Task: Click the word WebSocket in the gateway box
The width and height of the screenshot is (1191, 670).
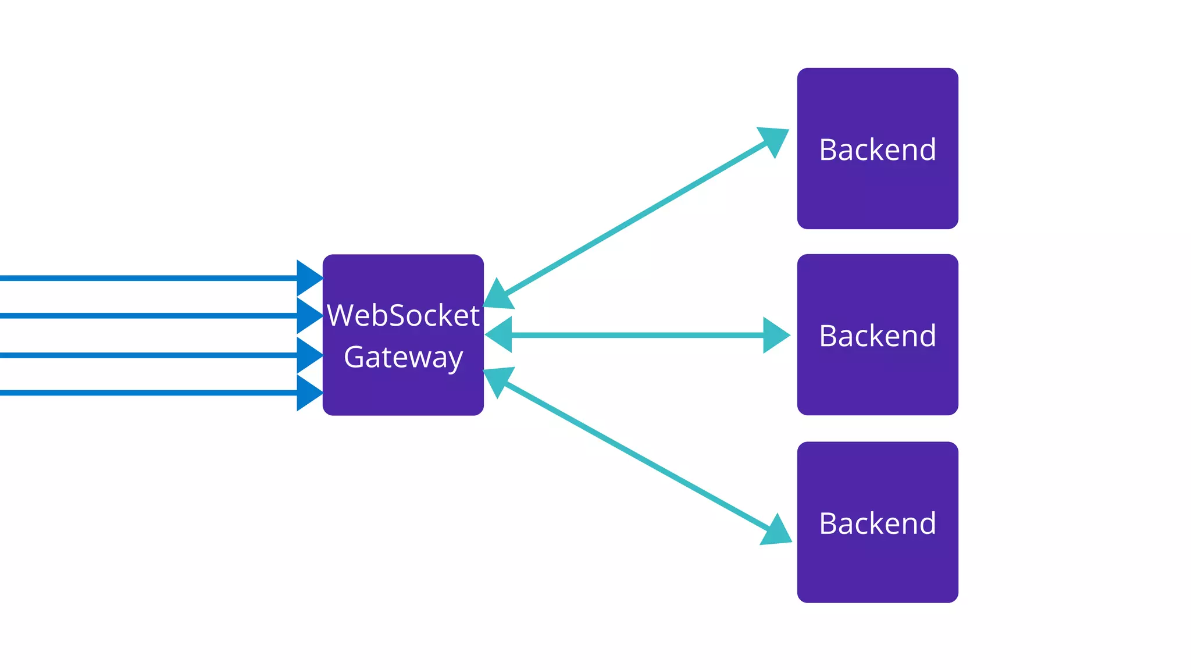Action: click(x=403, y=316)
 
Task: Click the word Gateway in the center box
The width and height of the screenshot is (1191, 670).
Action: click(x=403, y=357)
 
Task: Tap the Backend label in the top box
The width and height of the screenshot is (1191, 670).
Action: click(x=877, y=150)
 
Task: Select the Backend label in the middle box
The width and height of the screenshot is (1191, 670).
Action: click(x=877, y=336)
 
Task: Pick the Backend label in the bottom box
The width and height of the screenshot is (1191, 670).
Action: click(x=877, y=523)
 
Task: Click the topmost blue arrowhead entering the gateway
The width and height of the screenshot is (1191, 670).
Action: click(x=308, y=278)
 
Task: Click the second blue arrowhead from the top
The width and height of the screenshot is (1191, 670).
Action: click(x=308, y=316)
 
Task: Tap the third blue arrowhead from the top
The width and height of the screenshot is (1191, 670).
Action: click(x=308, y=355)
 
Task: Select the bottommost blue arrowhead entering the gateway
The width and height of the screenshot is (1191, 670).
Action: click(x=308, y=393)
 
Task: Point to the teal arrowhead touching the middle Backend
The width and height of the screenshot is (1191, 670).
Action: click(x=776, y=335)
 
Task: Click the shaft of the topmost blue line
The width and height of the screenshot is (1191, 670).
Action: click(x=145, y=278)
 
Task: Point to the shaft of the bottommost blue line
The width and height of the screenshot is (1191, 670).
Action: click(x=145, y=393)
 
